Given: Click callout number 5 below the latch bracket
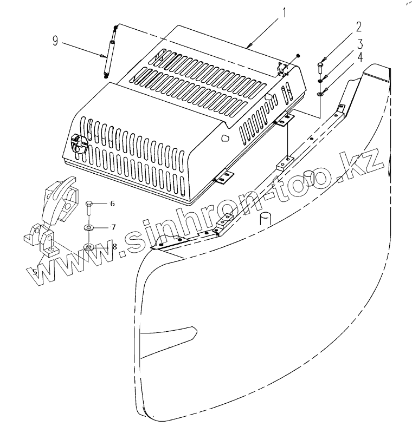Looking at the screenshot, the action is [x=35, y=272].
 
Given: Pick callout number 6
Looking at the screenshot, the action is [x=112, y=204].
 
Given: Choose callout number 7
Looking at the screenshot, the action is [x=113, y=226].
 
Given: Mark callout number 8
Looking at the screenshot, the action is [x=114, y=246].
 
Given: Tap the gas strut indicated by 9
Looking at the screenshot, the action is [x=110, y=51].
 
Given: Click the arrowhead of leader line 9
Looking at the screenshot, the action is [x=106, y=56].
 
